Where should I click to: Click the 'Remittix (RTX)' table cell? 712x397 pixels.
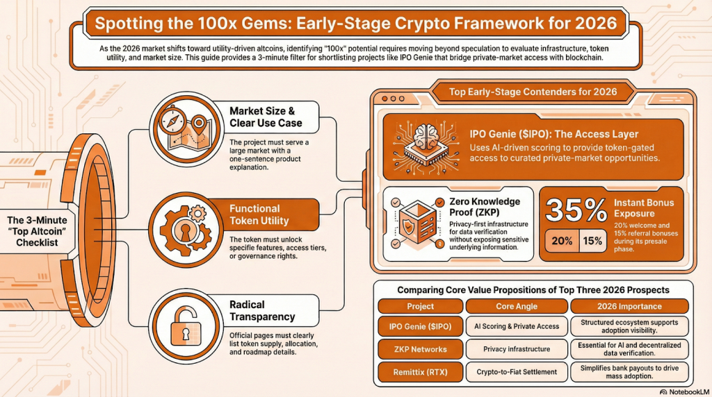pos(420,372)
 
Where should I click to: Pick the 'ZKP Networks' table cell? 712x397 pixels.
pos(420,349)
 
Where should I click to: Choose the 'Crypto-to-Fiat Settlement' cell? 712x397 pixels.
pos(516,372)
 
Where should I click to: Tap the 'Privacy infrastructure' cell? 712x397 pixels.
pos(516,349)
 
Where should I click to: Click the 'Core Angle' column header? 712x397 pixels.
pos(516,306)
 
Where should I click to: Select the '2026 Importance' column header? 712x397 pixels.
pos(629,306)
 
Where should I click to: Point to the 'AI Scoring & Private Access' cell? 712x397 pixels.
pos(516,326)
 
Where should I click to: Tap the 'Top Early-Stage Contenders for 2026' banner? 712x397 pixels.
pos(533,91)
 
